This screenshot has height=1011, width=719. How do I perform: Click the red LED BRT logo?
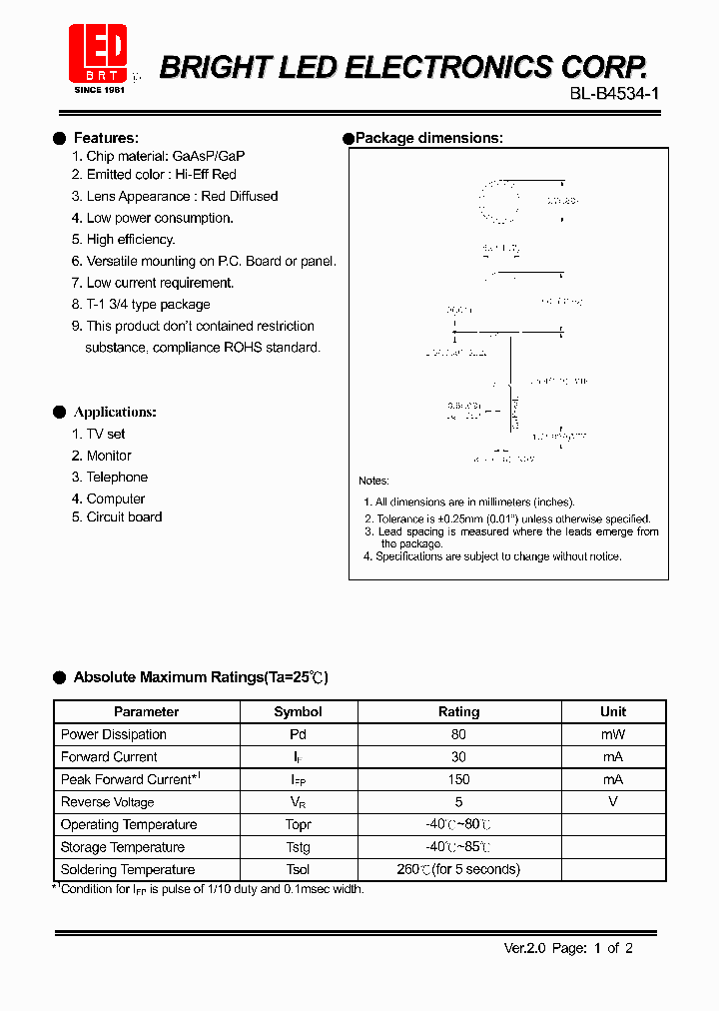98,54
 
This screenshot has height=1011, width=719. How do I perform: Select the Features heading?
106,138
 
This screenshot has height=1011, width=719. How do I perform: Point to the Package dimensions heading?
428,138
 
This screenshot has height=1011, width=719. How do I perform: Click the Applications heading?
115,412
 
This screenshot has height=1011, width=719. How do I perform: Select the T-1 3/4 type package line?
148,304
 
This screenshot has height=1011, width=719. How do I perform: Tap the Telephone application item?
116,477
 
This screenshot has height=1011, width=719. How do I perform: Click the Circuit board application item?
124,516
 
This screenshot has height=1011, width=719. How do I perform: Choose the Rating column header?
458,711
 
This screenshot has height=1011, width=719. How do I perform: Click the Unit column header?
613,711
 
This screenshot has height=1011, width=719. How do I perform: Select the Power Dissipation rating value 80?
458,734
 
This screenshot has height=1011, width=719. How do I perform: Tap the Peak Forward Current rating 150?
458,779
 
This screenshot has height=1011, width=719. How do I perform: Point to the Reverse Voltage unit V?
613,801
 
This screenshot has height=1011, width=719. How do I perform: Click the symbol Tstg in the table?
298,847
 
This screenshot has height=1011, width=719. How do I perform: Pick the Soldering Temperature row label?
128,869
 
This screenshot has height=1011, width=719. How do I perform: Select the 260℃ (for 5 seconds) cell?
458,869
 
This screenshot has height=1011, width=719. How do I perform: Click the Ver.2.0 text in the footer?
521,948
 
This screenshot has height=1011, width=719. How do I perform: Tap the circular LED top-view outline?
498,201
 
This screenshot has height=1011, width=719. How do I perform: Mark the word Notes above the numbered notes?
374,481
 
